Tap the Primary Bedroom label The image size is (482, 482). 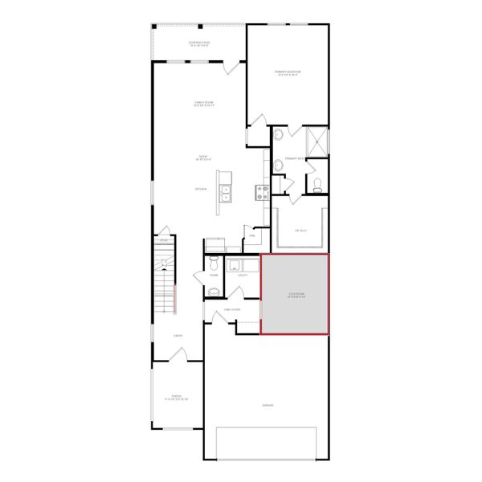click(286, 73)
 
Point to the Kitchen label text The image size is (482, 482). click(201, 189)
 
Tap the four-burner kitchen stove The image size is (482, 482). click(261, 191)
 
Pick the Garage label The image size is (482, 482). click(267, 405)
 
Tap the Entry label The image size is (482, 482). click(178, 336)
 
